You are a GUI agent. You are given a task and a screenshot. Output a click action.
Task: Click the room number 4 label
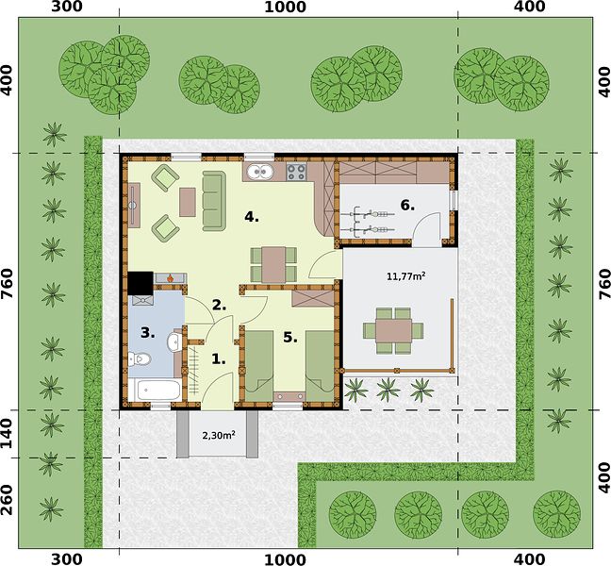click(252, 217)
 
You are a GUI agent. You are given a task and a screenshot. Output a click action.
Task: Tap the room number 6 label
click(407, 205)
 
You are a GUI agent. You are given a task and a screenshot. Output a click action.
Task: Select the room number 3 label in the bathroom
click(148, 333)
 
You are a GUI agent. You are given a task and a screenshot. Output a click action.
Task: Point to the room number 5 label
click(290, 337)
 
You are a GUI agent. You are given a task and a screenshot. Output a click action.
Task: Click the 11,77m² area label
click(405, 276)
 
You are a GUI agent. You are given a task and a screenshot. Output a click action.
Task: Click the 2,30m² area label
click(218, 435)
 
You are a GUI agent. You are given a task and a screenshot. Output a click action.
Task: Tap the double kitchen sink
click(258, 171)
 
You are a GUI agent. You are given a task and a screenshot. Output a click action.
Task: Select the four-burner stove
click(296, 172)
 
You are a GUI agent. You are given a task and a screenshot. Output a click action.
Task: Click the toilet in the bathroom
click(140, 358)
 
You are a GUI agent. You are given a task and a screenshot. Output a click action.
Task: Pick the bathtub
click(155, 390)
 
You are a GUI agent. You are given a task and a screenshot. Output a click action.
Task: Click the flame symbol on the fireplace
click(170, 278)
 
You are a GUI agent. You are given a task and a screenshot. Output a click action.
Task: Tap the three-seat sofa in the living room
click(214, 200)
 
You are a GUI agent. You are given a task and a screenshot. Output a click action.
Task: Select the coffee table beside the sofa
click(188, 202)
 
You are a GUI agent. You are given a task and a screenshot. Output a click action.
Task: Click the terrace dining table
click(393, 330)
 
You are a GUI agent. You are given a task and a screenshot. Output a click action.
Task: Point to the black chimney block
click(140, 283)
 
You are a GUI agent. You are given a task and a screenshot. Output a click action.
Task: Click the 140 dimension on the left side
click(8, 434)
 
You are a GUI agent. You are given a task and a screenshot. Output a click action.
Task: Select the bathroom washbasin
click(173, 341)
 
